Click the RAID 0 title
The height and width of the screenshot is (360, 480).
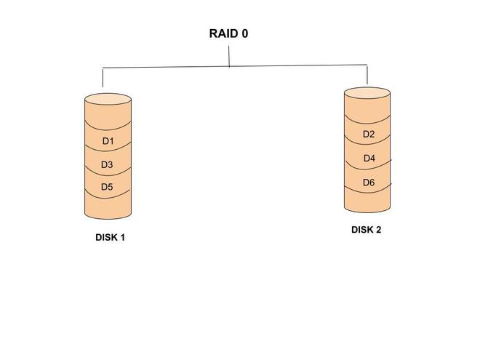coord(228,33)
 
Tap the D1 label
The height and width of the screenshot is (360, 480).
coord(108,140)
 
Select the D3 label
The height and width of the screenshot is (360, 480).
coord(107,164)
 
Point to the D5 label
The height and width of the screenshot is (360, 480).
coord(107,187)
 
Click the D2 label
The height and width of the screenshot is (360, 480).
coord(369,135)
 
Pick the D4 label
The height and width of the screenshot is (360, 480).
coord(369,159)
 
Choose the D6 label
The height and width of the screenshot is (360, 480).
coord(369,183)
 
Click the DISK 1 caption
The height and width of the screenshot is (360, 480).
coord(111,237)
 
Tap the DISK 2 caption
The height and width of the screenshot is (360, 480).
coord(367,230)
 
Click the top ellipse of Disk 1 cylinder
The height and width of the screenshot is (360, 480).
coord(108,99)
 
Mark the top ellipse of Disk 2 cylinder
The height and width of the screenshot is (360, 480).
coord(367,92)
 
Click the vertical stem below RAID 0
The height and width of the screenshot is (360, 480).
coord(229,57)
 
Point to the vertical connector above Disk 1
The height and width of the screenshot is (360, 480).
coord(103,78)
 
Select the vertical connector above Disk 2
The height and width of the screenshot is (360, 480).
coord(367,74)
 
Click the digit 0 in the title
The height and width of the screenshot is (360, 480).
coord(244,33)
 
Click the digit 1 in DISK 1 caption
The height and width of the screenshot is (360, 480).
coord(123,237)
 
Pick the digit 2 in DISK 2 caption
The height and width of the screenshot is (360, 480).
coord(378,230)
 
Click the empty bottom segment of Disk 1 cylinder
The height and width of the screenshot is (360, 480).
coord(108,207)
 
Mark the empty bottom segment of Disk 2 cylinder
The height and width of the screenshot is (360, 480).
coord(367,200)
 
